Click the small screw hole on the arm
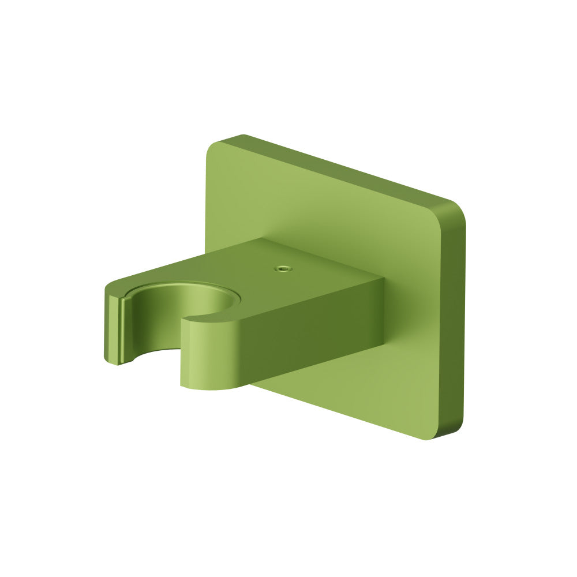tap(282, 268)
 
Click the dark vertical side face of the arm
tap(312, 335)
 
